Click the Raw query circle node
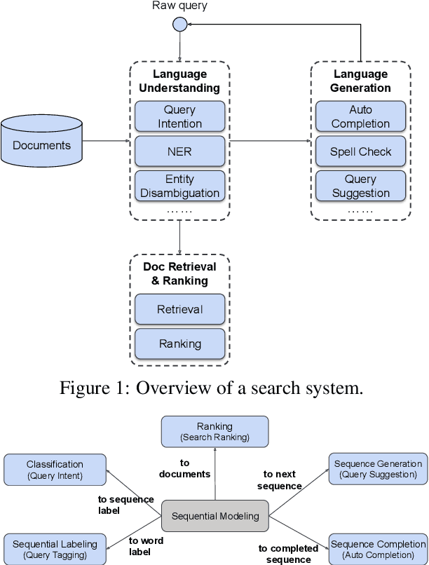[x=180, y=25]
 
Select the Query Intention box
[x=180, y=116]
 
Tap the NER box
[x=180, y=151]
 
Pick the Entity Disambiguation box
[x=180, y=186]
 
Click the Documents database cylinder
[x=42, y=145]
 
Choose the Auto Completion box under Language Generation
[x=360, y=116]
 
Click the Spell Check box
[x=360, y=151]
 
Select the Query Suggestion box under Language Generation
[x=360, y=186]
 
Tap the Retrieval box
[x=180, y=309]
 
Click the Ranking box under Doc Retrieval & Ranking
[x=180, y=343]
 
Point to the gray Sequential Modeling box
[x=215, y=516]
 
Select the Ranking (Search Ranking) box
[x=214, y=431]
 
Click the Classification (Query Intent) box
[x=55, y=470]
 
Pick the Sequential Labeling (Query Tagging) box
[x=55, y=549]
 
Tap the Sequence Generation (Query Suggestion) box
[x=378, y=470]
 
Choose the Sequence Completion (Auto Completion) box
[x=378, y=549]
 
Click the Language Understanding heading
[x=180, y=81]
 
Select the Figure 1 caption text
[x=211, y=388]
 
